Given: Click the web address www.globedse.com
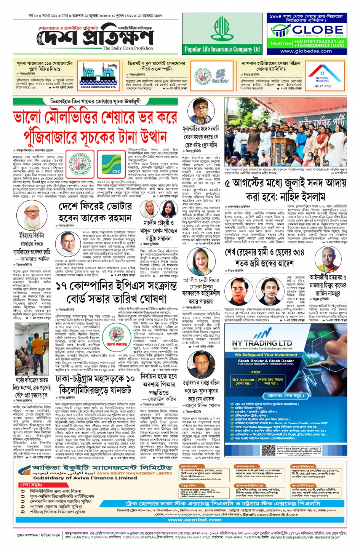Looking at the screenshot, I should (x=306, y=51).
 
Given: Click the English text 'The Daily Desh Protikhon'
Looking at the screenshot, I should (x=128, y=48).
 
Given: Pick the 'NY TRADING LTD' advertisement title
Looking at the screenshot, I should (x=262, y=343).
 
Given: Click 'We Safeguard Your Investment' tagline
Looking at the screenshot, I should (x=266, y=355).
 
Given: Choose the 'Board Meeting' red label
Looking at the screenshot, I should (x=116, y=344).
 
